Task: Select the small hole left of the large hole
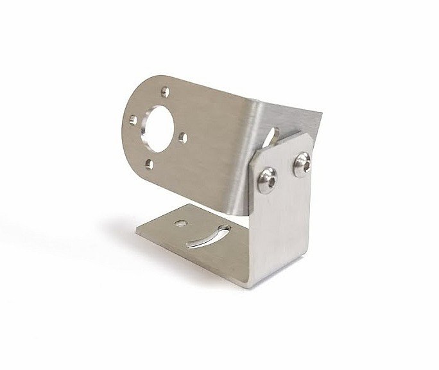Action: click(x=132, y=118)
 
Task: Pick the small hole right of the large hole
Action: click(x=184, y=136)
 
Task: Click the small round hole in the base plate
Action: click(x=180, y=224)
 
